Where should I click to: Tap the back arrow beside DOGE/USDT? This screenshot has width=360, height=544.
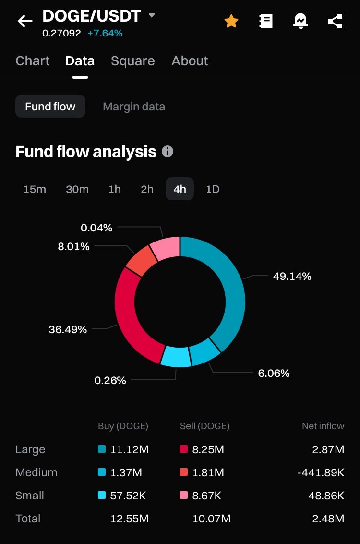(25, 21)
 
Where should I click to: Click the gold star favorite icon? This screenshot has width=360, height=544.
(231, 21)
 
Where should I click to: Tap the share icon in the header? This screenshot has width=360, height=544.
(335, 21)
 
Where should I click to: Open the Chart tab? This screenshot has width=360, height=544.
(33, 61)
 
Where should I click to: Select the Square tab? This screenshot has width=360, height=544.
(132, 61)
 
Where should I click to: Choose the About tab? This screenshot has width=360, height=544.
(190, 61)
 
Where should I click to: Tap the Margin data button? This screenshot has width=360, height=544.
(134, 106)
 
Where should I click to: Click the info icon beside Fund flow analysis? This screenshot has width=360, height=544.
(168, 151)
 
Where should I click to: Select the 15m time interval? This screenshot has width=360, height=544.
(35, 189)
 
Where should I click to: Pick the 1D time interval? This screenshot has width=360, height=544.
(213, 189)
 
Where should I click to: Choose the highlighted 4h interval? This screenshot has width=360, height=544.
(180, 189)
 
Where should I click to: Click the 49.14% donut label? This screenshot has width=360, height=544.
(292, 276)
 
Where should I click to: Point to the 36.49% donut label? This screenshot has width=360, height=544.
(68, 329)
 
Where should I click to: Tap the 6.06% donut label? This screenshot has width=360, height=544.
(274, 373)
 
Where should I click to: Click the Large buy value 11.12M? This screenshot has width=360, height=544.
(129, 449)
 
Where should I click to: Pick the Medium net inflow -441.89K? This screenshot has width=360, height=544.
(321, 472)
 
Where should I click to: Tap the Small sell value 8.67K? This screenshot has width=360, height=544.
(207, 496)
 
